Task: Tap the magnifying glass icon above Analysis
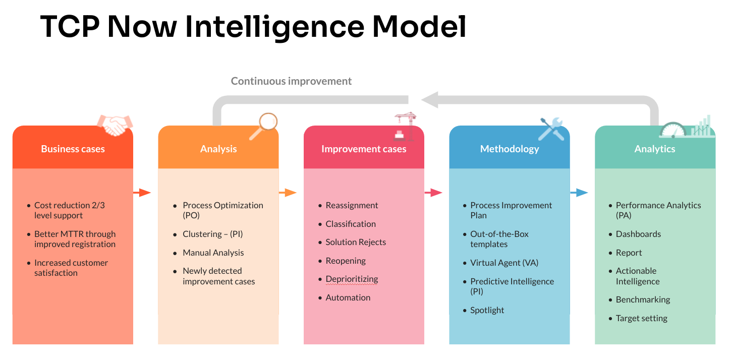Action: click(264, 126)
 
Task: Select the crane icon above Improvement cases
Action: click(405, 126)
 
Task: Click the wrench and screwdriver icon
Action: click(550, 129)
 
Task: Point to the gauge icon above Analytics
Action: click(673, 130)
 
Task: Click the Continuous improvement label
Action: click(291, 81)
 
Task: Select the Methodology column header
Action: click(509, 149)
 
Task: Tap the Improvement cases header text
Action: click(364, 149)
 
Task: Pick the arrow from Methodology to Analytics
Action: click(579, 192)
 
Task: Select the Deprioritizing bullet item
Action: click(352, 279)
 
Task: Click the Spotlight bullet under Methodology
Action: click(487, 310)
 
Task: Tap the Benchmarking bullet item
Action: click(643, 299)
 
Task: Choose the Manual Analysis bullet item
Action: click(213, 253)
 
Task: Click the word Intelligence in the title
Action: click(274, 27)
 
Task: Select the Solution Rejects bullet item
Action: click(356, 242)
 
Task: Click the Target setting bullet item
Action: click(641, 318)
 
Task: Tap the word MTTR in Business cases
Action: click(67, 234)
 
